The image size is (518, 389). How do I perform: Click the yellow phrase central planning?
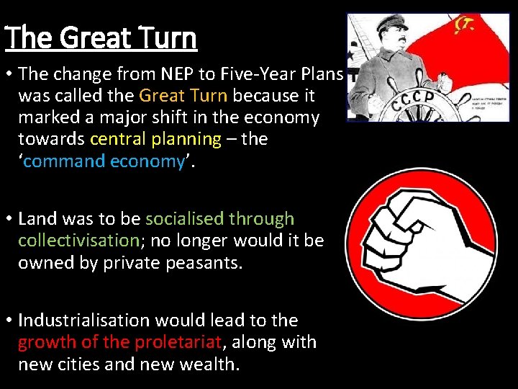click(155, 138)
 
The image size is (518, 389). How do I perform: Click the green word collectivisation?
click(78, 240)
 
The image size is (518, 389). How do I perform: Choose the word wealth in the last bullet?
click(208, 364)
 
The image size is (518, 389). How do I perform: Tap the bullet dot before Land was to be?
click(9, 219)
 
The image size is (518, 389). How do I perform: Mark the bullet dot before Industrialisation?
click(9, 321)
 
